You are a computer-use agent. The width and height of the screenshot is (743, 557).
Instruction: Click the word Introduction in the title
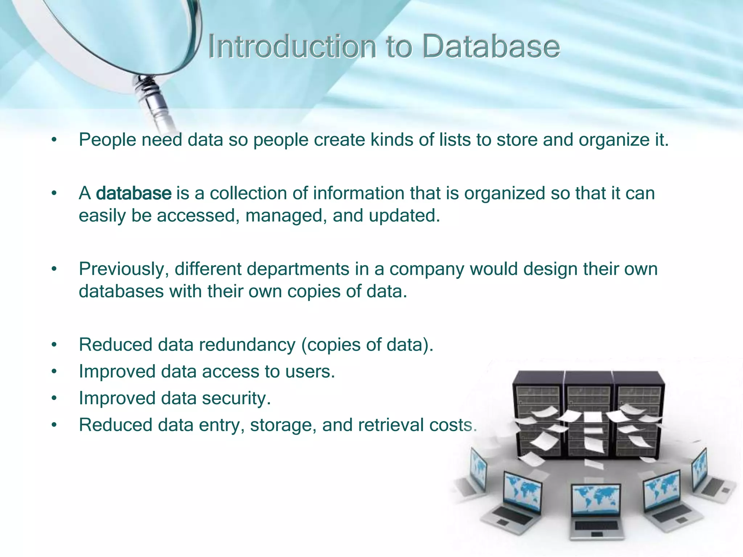coord(292,47)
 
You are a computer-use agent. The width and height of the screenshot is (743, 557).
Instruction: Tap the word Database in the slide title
coord(491,47)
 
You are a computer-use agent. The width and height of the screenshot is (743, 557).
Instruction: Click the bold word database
coord(134,193)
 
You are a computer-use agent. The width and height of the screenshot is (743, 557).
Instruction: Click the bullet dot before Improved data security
coord(54,399)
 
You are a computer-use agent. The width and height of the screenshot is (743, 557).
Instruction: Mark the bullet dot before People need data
coord(54,140)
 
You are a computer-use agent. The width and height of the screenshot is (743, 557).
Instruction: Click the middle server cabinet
coord(588,413)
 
